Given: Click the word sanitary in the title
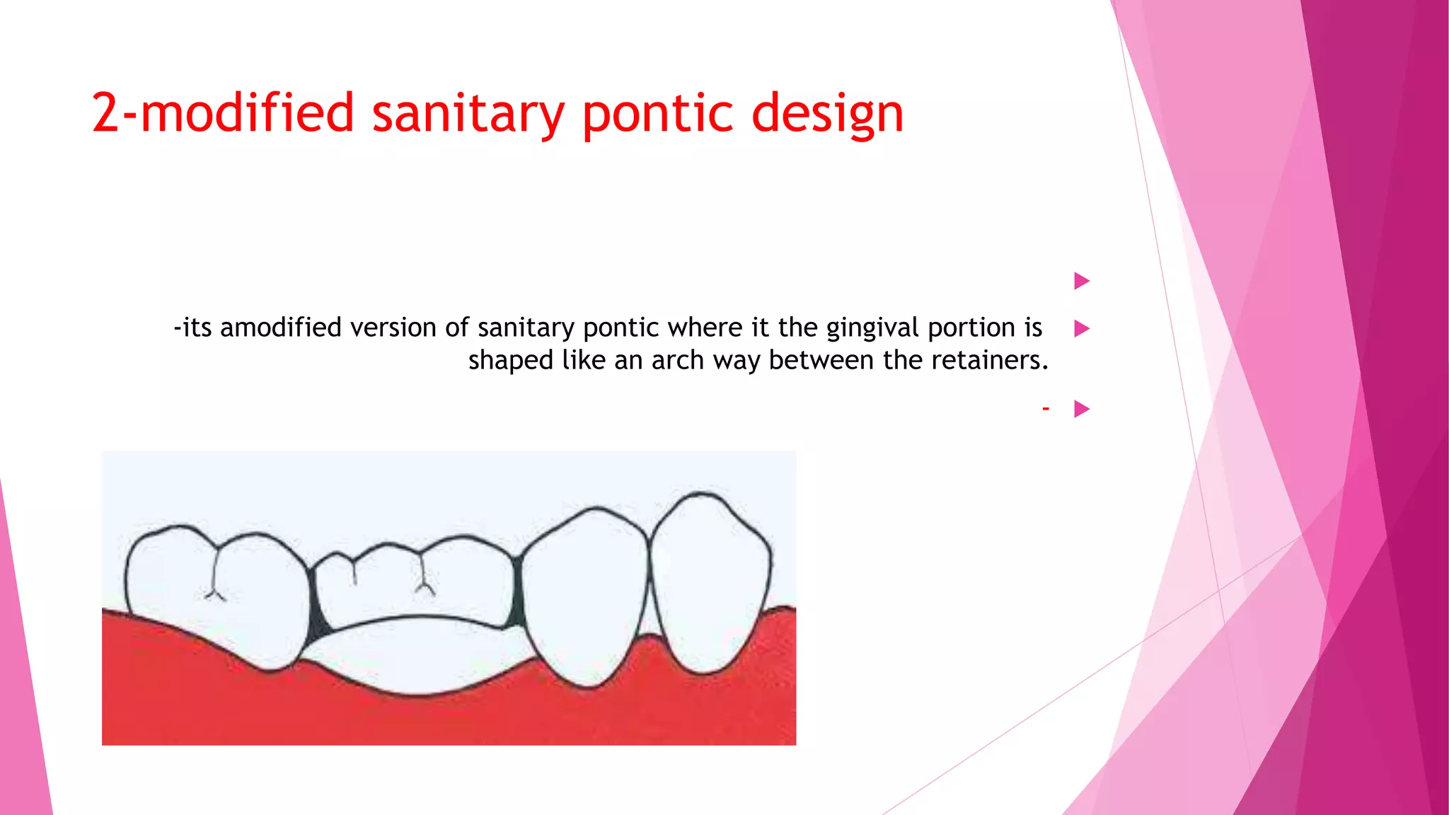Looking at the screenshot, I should tap(468, 113).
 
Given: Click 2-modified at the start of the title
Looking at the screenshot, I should tap(222, 113).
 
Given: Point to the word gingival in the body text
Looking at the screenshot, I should tap(872, 328).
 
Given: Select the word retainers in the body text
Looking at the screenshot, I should tap(989, 360).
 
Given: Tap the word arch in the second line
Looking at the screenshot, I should tap(678, 360).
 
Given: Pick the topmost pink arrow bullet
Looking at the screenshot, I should tap(1081, 281).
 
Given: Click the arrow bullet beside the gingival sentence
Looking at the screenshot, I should tap(1081, 328).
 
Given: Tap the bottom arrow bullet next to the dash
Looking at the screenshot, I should tap(1081, 409).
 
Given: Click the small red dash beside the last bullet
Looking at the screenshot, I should tap(1045, 408).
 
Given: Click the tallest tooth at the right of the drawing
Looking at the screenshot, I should tap(710, 580).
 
